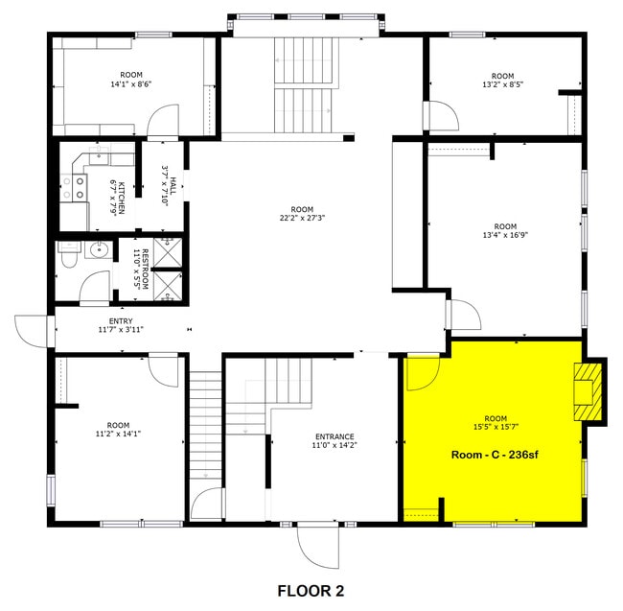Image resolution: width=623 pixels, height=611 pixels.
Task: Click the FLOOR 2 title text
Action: [x=311, y=590]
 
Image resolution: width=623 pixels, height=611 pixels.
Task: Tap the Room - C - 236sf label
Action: [x=495, y=454]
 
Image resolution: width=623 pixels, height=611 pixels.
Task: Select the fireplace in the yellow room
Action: [x=587, y=391]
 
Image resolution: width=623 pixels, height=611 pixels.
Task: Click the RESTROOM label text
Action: [x=142, y=269]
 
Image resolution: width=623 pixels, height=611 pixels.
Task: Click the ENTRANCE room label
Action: [x=333, y=440]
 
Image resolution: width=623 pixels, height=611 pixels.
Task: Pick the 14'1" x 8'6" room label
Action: [x=130, y=80]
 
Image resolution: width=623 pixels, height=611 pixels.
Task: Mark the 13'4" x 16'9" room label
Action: [x=502, y=230]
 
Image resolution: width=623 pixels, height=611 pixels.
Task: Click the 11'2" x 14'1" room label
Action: [x=118, y=429]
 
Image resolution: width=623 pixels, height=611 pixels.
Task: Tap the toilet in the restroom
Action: [x=68, y=258]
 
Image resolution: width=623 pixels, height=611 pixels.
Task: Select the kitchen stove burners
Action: [x=69, y=186]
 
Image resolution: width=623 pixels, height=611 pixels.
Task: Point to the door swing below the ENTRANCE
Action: [x=318, y=545]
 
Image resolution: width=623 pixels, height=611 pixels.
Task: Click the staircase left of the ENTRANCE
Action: [x=204, y=426]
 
